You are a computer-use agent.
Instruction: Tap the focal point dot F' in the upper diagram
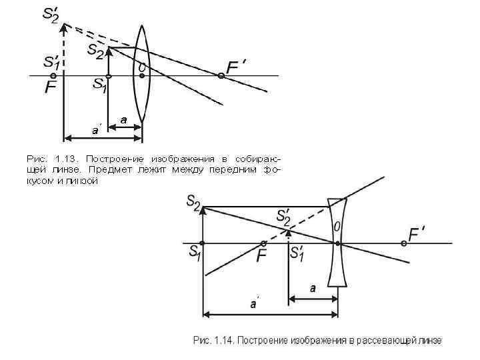[x=221, y=76]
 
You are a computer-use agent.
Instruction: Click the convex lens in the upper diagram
[x=141, y=73]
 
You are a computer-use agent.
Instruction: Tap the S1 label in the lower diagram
[x=195, y=253]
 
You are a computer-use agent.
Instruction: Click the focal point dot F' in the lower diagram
[x=404, y=244]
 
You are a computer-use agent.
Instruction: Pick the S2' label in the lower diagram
[x=283, y=217]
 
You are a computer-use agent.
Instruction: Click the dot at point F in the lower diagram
[x=264, y=243]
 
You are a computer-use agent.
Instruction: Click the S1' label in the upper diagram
[x=51, y=63]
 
